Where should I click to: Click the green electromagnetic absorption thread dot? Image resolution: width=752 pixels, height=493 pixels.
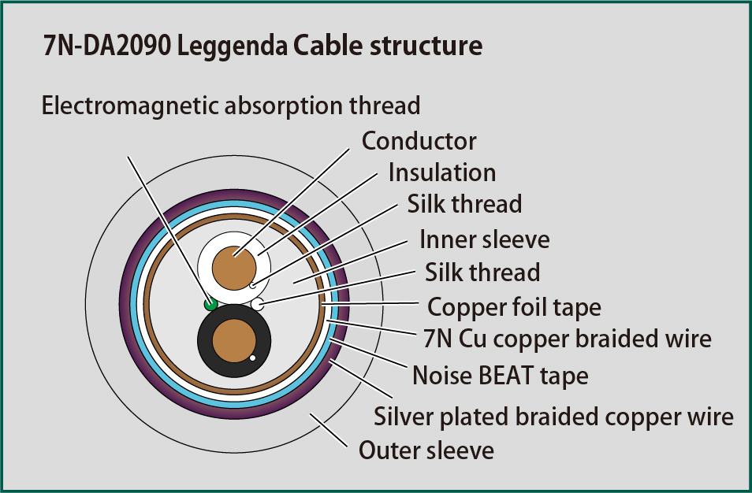point(210,304)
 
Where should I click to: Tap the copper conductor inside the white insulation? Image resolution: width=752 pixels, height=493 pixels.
point(234,268)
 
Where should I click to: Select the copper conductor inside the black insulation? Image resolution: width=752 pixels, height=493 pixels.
point(234,341)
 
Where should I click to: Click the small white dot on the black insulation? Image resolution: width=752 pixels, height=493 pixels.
point(252,358)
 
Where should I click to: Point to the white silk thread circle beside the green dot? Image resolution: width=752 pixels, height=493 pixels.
point(258,304)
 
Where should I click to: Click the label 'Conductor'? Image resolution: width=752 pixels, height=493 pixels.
point(419,141)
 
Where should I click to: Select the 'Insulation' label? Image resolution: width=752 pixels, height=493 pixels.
point(442,172)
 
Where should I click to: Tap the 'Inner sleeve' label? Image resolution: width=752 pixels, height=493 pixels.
point(485,239)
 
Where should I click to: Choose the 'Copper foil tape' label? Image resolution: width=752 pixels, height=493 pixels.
point(514,308)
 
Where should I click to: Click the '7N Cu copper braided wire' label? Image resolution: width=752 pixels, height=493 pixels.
point(568,339)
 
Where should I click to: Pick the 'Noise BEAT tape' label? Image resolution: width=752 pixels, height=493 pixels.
point(501,376)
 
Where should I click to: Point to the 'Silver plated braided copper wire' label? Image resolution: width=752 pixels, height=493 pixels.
point(553,417)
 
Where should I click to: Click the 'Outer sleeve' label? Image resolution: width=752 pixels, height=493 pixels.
point(426,450)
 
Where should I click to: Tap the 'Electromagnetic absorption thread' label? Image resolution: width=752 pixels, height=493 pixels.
point(231,106)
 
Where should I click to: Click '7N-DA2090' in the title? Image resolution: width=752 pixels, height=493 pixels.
point(106,46)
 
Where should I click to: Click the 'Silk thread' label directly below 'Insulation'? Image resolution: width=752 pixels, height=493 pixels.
point(464,204)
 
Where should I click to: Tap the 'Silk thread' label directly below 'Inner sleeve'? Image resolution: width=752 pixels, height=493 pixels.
point(482,272)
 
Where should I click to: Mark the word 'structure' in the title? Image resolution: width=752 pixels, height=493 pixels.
point(426,46)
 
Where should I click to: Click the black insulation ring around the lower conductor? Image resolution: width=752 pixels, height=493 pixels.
point(205,341)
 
